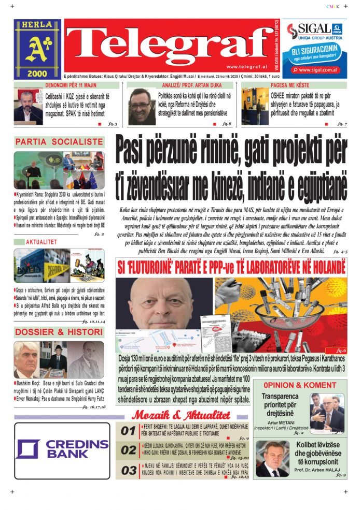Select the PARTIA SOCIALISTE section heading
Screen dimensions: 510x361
[59, 141]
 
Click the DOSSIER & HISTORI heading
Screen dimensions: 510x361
[59, 332]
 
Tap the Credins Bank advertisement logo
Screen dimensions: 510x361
[62, 449]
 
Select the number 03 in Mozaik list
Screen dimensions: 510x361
[128, 471]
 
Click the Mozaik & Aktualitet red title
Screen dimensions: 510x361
[180, 415]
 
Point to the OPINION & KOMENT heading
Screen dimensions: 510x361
[299, 385]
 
